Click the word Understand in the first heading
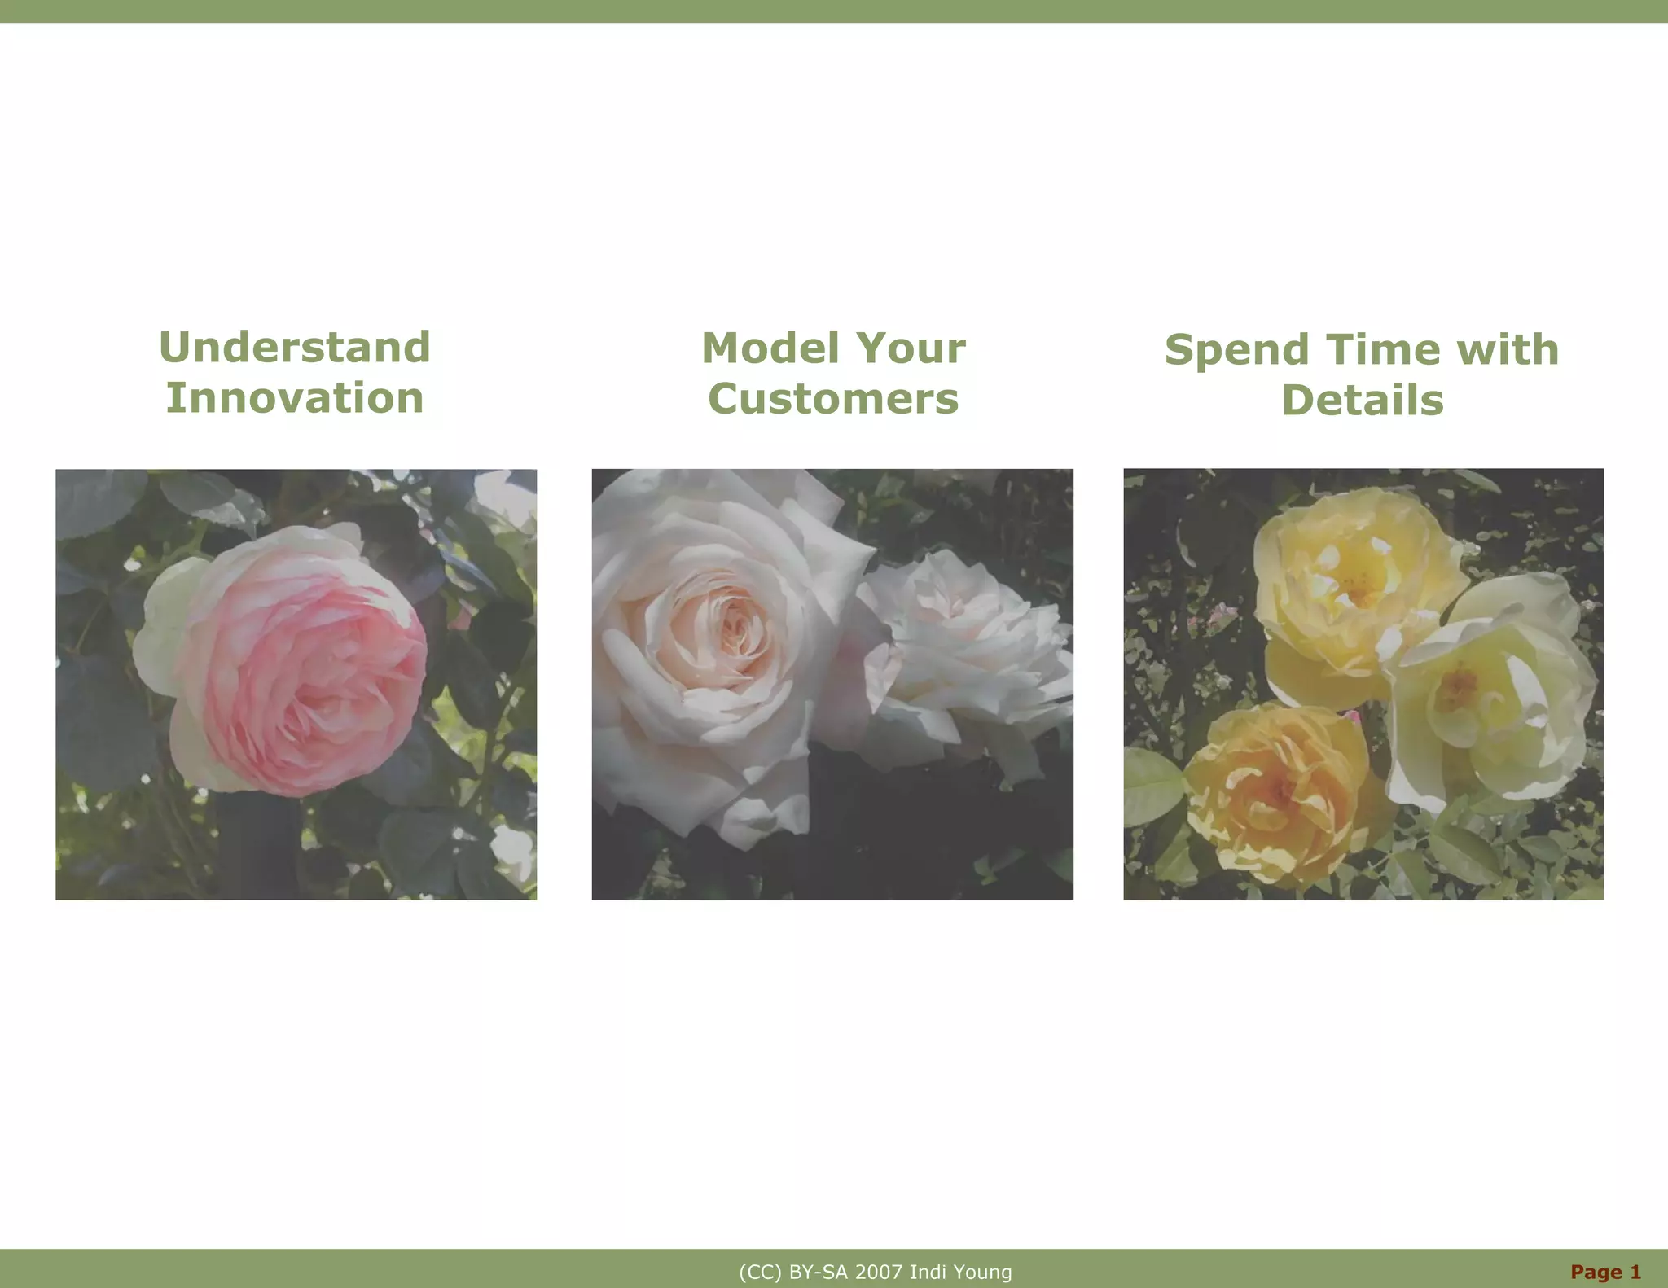(x=295, y=348)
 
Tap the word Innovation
(x=295, y=398)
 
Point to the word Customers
(x=833, y=399)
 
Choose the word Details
(x=1363, y=401)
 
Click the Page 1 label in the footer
(x=1605, y=1272)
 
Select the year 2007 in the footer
(x=880, y=1273)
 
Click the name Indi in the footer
(x=926, y=1273)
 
